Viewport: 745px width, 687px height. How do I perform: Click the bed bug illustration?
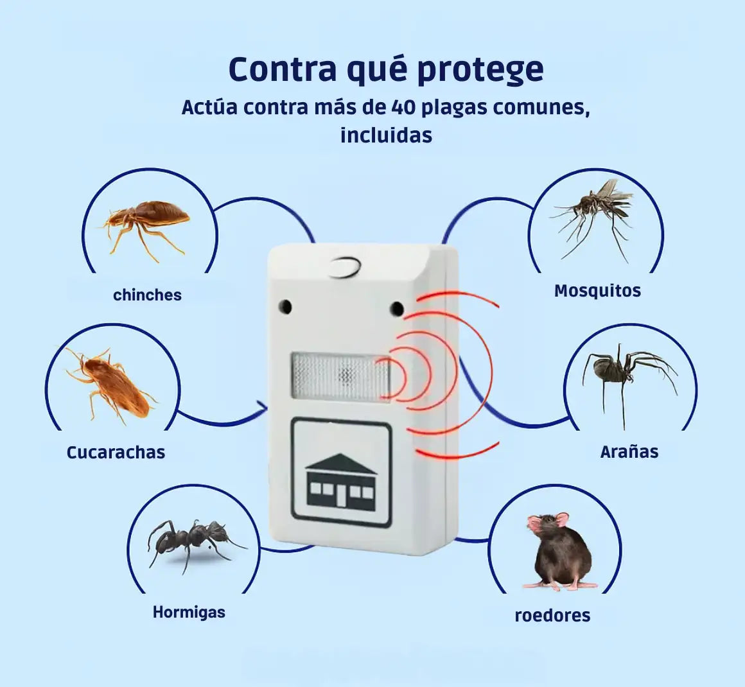(x=148, y=222)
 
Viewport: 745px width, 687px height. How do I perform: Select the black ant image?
(x=193, y=539)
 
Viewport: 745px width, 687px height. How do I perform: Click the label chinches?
(x=147, y=295)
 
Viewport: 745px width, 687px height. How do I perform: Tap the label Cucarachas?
(x=116, y=452)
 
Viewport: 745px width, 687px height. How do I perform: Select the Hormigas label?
(x=189, y=612)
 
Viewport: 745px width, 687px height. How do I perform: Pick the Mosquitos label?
(x=597, y=291)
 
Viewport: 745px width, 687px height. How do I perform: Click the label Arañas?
(x=629, y=452)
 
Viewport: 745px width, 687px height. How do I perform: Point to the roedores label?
(x=552, y=615)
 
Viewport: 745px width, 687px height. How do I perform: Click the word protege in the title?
(x=480, y=69)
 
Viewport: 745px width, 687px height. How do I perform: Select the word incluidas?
(x=386, y=135)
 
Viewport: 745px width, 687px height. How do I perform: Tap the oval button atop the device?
(x=344, y=267)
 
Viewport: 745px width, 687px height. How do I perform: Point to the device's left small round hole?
(x=285, y=306)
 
